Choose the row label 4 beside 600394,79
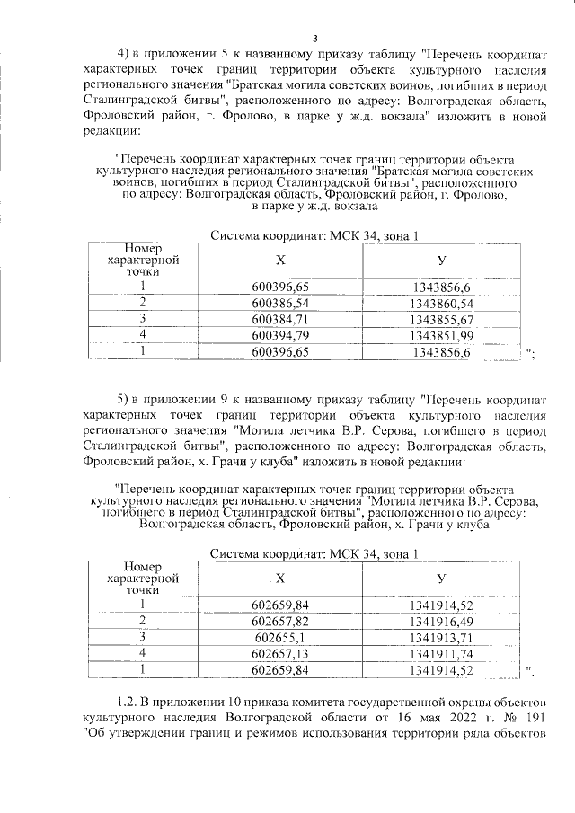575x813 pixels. point(142,336)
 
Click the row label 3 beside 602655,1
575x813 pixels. point(142,637)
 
